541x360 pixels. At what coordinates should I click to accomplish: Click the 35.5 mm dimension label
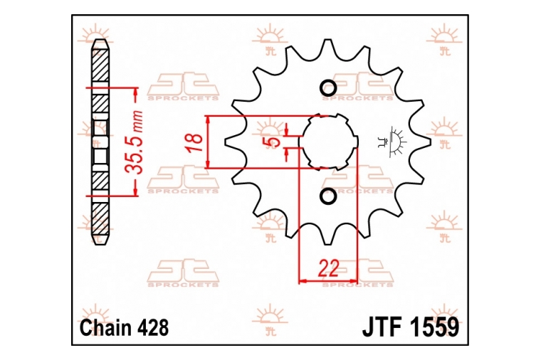point(135,142)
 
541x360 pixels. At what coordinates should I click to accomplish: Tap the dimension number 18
point(195,142)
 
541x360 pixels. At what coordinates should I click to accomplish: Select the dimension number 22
point(328,269)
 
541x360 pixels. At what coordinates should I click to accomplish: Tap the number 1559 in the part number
point(434,327)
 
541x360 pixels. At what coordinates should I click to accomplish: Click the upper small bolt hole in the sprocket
point(328,88)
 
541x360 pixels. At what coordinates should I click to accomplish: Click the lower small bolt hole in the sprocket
point(328,196)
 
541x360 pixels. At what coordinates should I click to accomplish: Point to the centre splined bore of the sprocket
point(328,142)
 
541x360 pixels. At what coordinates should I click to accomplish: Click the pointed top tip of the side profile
point(101,39)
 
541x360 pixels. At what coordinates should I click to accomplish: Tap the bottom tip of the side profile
point(101,245)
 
